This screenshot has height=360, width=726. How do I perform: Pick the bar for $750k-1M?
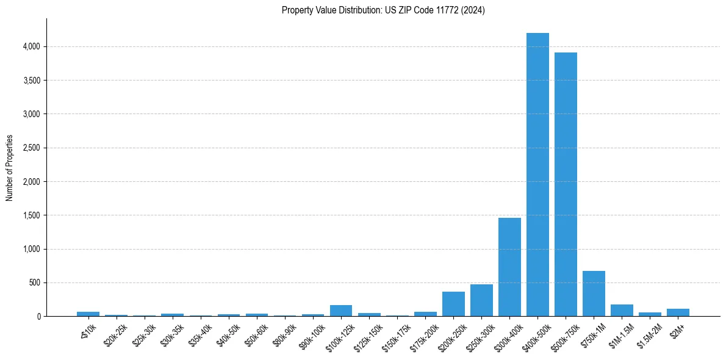coord(594,293)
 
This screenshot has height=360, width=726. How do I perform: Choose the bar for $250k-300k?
coord(481,300)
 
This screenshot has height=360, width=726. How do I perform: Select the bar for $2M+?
coord(678,312)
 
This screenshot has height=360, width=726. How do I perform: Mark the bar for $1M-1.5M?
coord(622,310)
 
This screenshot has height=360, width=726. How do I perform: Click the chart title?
coord(383,10)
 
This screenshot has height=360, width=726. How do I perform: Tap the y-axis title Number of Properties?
coord(10,168)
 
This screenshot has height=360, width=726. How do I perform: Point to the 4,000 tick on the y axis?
coord(32,46)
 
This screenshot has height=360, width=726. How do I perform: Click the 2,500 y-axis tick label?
coord(32,148)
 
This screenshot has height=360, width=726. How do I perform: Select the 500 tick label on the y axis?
coord(35,283)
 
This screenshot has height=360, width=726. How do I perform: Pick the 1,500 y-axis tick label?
coord(32,215)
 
